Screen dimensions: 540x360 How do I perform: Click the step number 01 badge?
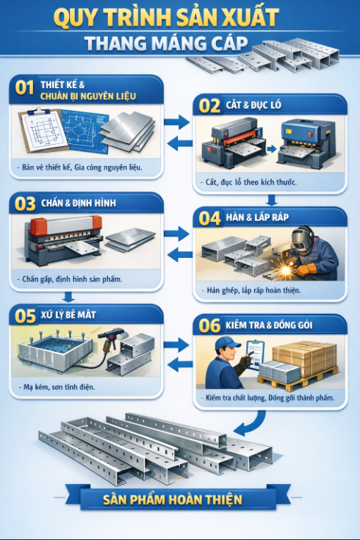25,89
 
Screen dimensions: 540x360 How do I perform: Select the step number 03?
25,203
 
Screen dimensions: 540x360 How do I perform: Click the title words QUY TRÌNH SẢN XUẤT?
179,16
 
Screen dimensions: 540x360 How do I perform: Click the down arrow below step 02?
271,198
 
